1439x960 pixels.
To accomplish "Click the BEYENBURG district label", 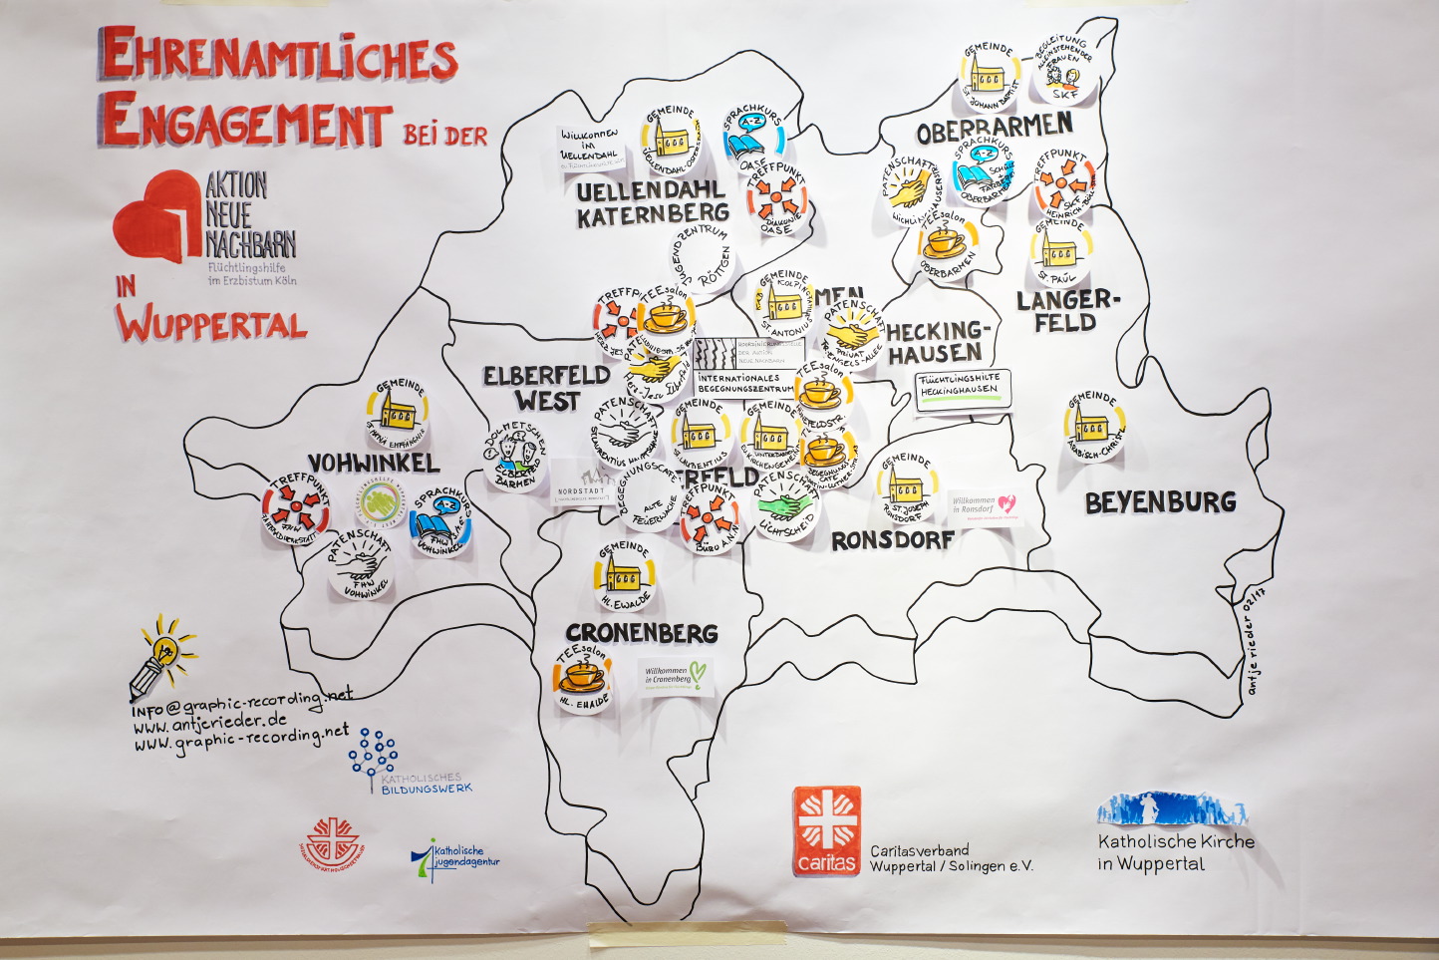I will pyautogui.click(x=1160, y=502).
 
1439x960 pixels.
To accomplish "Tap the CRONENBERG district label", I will pyautogui.click(x=642, y=633).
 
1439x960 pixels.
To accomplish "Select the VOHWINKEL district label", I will pyautogui.click(x=373, y=464).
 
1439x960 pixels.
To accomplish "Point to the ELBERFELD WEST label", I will pyautogui.click(x=547, y=388).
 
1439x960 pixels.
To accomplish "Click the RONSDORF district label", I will pyautogui.click(x=893, y=540).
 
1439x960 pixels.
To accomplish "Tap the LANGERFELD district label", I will pyautogui.click(x=1068, y=311).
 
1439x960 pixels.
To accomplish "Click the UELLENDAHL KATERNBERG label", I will pyautogui.click(x=653, y=201).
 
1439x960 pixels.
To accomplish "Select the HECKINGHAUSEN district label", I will pyautogui.click(x=938, y=342).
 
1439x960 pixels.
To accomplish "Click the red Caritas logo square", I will pyautogui.click(x=827, y=830).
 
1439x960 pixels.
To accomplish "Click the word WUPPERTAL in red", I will pyautogui.click(x=211, y=324).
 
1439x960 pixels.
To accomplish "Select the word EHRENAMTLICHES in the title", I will pyautogui.click(x=278, y=57).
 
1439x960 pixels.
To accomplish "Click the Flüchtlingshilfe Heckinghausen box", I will pyautogui.click(x=963, y=388).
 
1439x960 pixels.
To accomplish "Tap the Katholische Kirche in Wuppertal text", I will pyautogui.click(x=1176, y=851).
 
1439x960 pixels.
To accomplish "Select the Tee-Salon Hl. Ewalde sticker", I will pyautogui.click(x=583, y=679).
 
